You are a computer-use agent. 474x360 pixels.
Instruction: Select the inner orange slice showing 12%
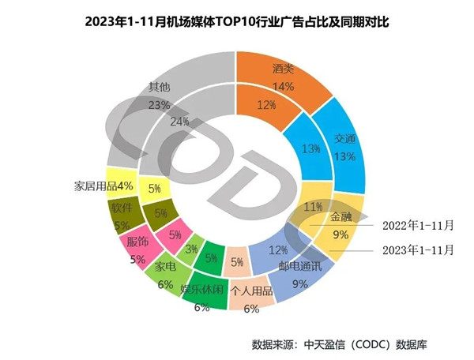[266, 105]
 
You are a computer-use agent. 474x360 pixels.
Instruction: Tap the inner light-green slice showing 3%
[191, 250]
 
